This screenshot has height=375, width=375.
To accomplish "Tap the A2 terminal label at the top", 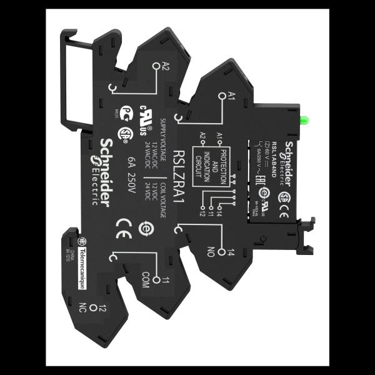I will (x=166, y=67).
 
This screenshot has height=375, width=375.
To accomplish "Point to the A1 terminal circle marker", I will (x=221, y=95).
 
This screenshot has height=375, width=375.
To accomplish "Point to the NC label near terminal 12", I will (x=82, y=307).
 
